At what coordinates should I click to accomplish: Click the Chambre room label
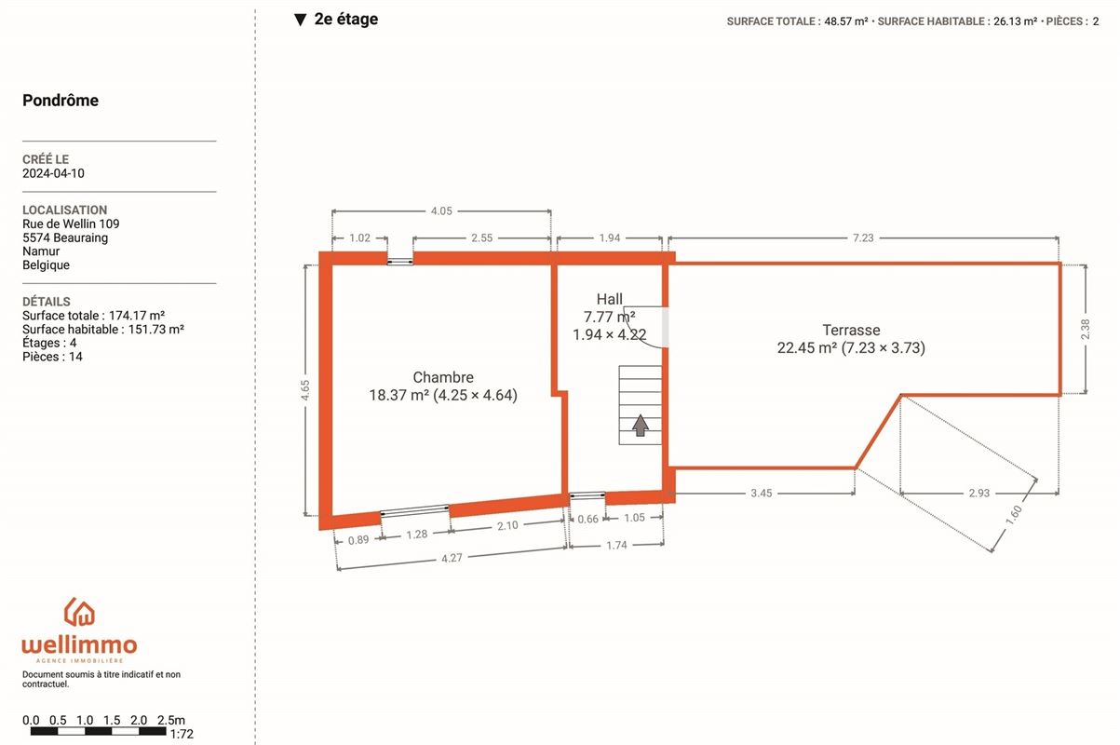click(443, 377)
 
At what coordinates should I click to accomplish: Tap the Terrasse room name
click(851, 330)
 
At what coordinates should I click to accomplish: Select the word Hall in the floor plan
click(610, 299)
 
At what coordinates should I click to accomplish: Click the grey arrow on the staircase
click(641, 426)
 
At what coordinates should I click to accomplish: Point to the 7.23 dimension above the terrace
click(863, 238)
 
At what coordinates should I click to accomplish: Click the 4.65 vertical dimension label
click(305, 390)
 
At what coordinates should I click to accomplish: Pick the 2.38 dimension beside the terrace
click(1085, 329)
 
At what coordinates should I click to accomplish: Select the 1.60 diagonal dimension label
click(1014, 516)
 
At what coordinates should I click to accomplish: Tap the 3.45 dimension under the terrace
click(762, 493)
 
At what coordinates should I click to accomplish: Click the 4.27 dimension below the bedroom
click(452, 558)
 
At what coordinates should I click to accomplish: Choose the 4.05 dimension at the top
click(441, 211)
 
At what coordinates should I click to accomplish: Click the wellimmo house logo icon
click(79, 612)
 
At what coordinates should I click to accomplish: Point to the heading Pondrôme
click(61, 101)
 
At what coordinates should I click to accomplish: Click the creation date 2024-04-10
click(53, 173)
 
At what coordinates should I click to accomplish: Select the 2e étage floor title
click(346, 20)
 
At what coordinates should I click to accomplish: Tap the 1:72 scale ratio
click(182, 734)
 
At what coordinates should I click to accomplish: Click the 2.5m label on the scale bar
click(171, 720)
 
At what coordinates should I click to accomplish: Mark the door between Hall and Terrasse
click(665, 327)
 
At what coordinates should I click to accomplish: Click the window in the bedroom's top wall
click(400, 261)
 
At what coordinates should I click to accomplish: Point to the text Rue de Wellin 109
click(71, 224)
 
